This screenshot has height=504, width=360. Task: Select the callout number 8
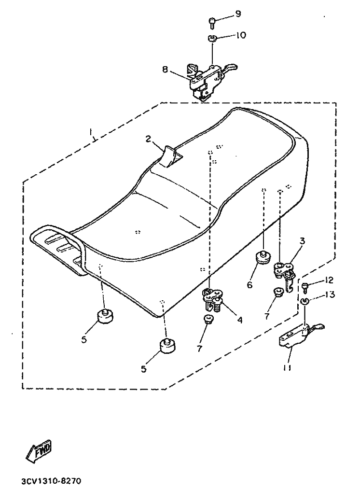(x=165, y=69)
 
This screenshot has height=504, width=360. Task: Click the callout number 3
(x=302, y=240)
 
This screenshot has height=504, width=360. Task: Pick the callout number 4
(x=239, y=320)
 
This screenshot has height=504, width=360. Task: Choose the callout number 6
(x=250, y=284)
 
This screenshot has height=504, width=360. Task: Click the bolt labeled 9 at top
(x=212, y=23)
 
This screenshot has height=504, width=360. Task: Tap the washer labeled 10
(x=211, y=39)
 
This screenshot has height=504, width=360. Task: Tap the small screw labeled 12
(x=305, y=287)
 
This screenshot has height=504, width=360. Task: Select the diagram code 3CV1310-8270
(x=52, y=481)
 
